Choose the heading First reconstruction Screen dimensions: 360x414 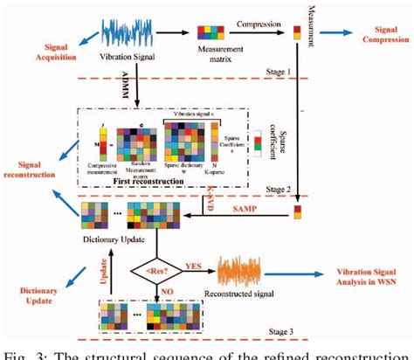[155, 183]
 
